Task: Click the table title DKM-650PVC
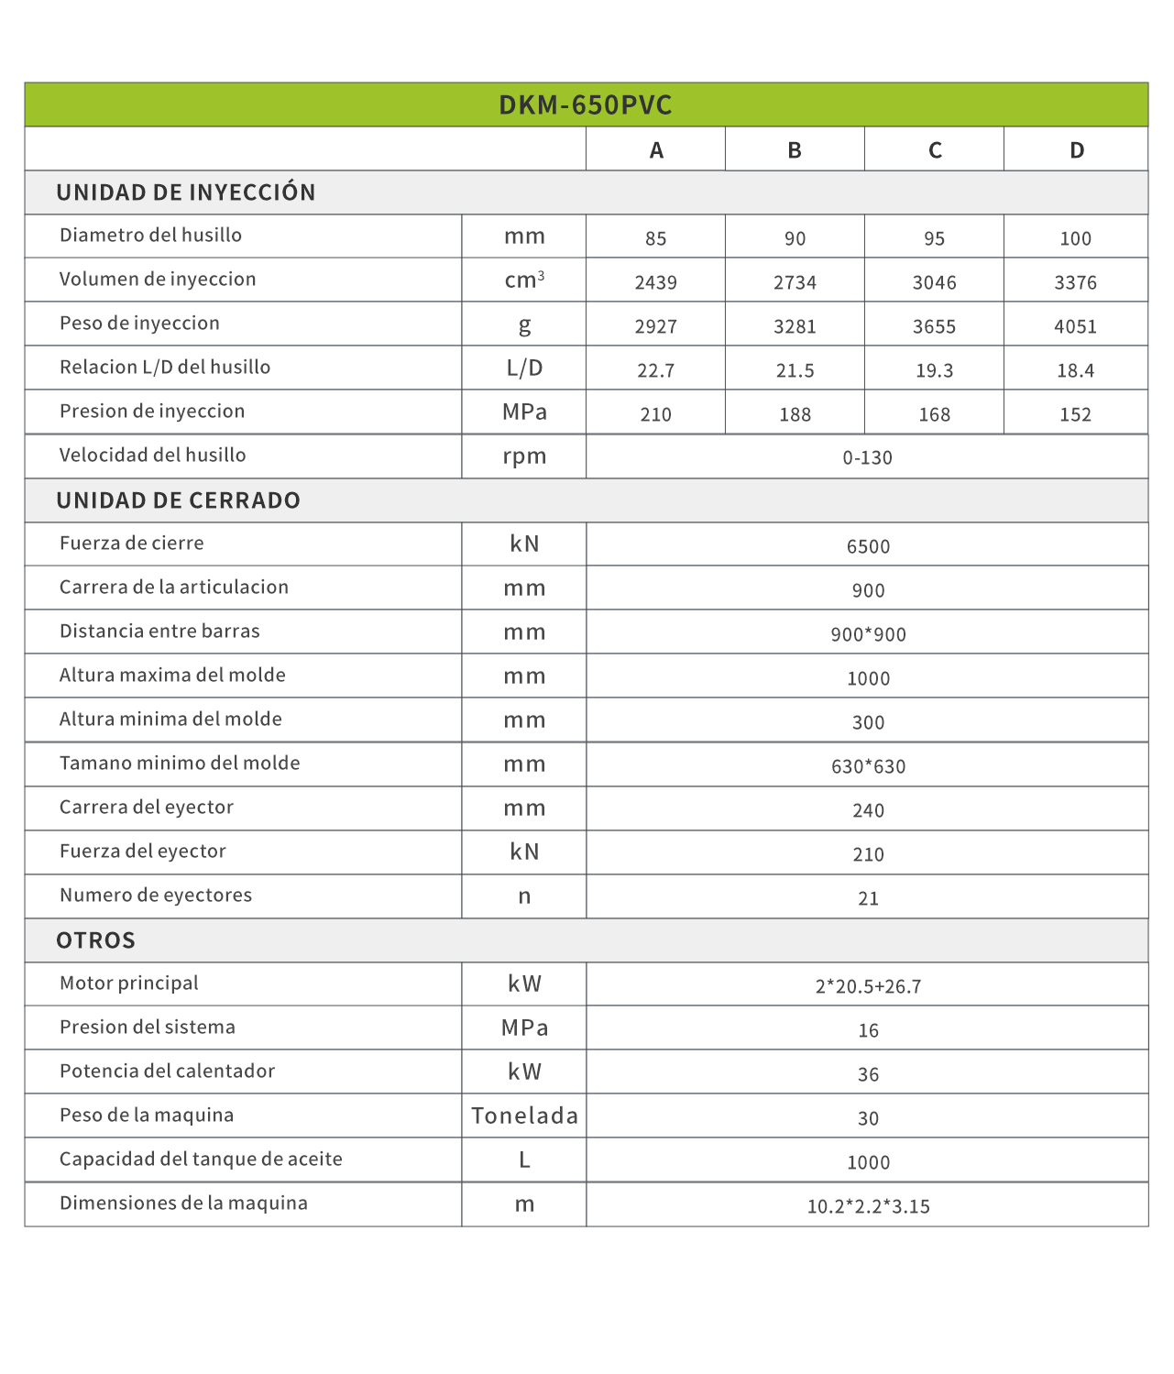click(586, 105)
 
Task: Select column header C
click(935, 150)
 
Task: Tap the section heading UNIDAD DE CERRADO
click(178, 500)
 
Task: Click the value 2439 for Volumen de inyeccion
click(656, 282)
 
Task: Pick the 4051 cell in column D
click(1075, 326)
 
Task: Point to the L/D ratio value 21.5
click(795, 370)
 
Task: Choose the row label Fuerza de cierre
click(132, 544)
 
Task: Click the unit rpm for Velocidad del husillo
click(524, 456)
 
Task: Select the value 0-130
click(867, 457)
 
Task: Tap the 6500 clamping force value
click(868, 546)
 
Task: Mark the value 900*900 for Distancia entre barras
click(868, 634)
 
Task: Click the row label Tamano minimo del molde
click(180, 764)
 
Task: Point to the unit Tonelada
click(524, 1116)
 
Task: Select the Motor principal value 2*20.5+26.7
click(868, 986)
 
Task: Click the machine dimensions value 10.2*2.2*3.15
click(868, 1206)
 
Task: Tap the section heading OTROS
click(96, 940)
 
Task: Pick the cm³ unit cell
click(524, 280)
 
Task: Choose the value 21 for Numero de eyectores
click(868, 898)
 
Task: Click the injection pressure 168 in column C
click(934, 414)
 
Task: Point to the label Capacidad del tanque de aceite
click(201, 1160)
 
